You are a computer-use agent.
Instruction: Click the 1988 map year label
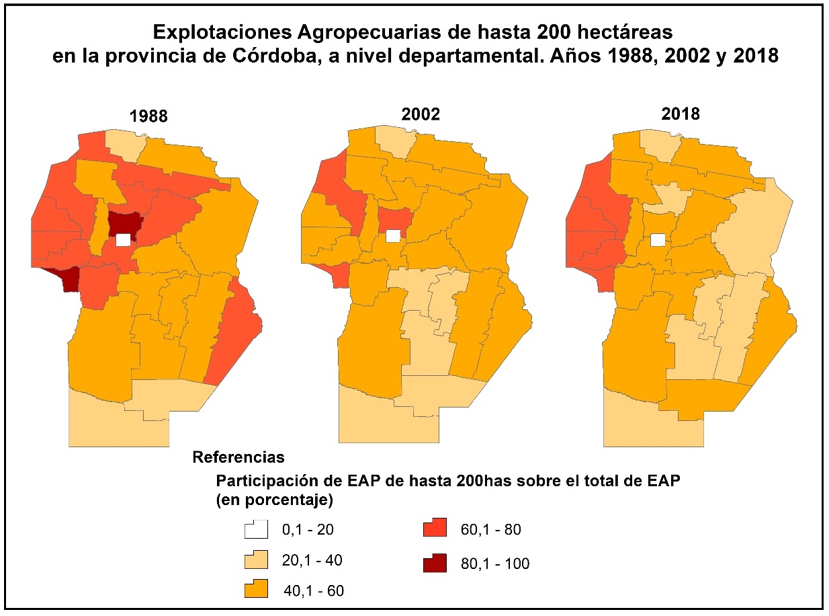click(148, 116)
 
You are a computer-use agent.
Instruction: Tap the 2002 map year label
click(422, 114)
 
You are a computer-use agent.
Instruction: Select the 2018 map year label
click(681, 114)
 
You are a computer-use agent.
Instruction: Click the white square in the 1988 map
click(123, 240)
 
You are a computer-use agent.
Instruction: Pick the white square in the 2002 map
click(393, 235)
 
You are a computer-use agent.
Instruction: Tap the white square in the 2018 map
click(659, 239)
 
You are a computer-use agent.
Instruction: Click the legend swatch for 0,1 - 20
click(256, 529)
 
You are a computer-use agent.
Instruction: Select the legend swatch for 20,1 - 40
click(256, 560)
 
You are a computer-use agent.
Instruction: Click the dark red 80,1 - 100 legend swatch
click(435, 563)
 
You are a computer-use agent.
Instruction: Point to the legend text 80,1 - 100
click(494, 564)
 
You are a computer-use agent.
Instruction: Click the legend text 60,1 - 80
click(490, 530)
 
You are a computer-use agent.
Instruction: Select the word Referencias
click(238, 458)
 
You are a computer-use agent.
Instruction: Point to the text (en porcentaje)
click(275, 500)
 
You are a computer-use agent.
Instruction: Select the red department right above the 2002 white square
click(394, 218)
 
